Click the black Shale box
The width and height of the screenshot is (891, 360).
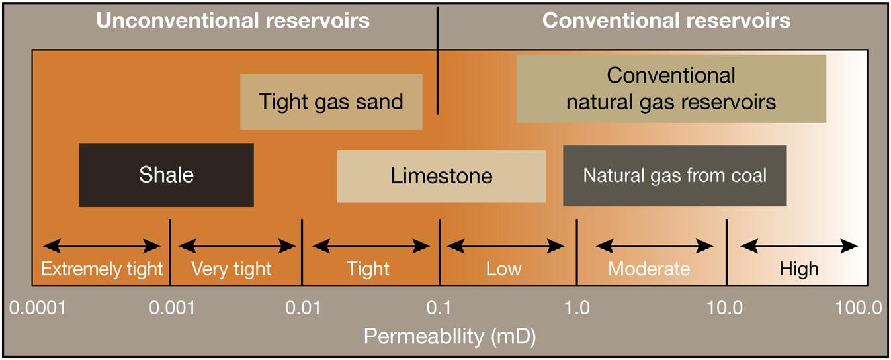point(166,175)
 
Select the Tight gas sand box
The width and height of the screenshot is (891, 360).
point(331,102)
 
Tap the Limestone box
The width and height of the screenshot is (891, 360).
point(441,176)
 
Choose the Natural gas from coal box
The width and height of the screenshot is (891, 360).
point(675,175)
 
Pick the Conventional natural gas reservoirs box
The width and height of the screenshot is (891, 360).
point(671,89)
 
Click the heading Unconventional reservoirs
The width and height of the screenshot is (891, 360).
point(233,21)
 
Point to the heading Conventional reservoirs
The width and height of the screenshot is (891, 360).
point(666,21)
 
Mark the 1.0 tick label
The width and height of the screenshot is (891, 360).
point(577,308)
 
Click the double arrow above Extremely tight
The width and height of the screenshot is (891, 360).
point(101,246)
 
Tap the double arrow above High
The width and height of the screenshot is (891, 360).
point(799,246)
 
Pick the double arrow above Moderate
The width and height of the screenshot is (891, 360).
point(654,246)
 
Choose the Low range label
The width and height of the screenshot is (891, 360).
point(503,269)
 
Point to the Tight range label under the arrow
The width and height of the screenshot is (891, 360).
point(368,269)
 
